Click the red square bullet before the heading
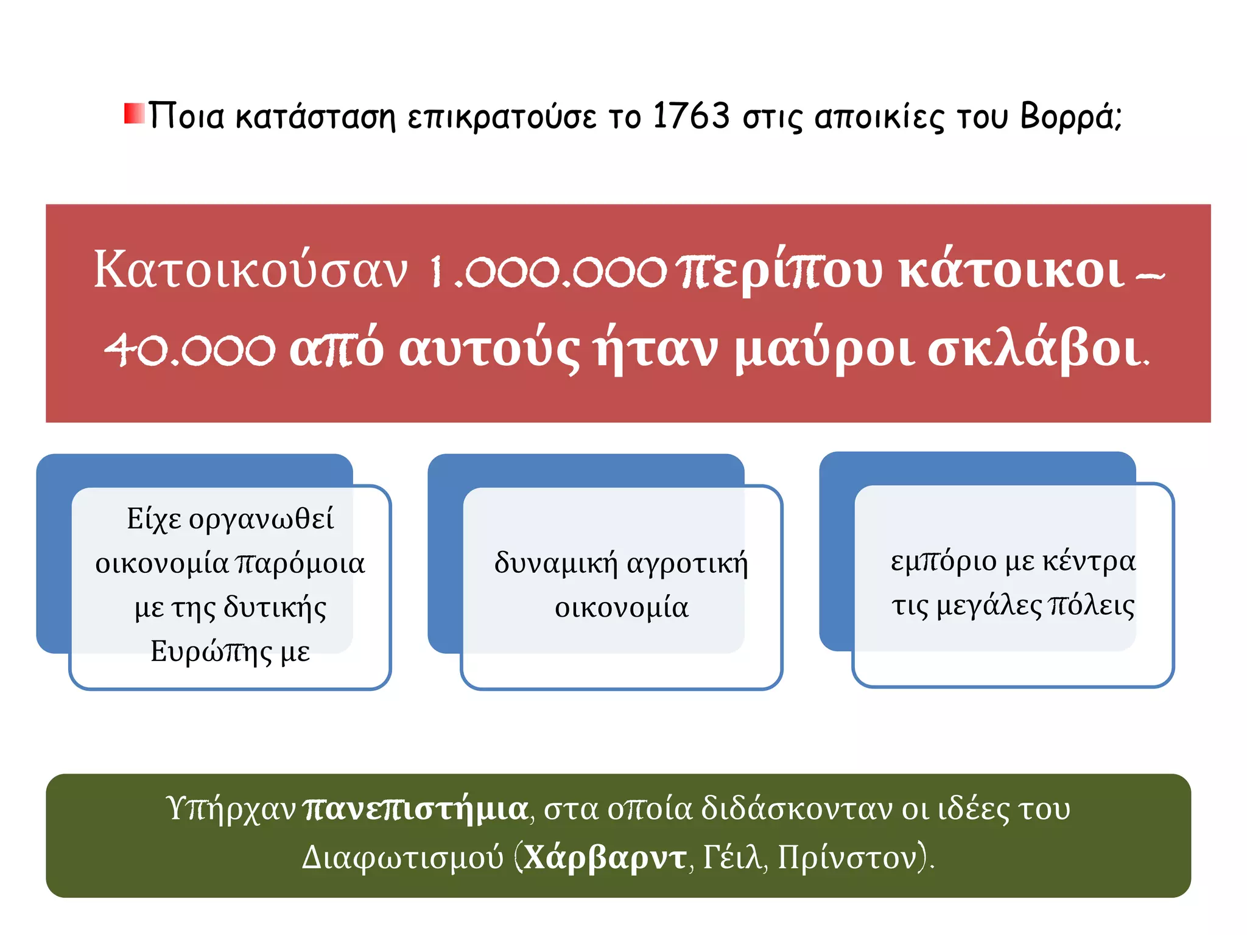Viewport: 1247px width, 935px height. pyautogui.click(x=134, y=114)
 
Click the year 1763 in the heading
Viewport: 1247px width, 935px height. pyautogui.click(x=690, y=116)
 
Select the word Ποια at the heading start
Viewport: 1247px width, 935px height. pyautogui.click(x=186, y=116)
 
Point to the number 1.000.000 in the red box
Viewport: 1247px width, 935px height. pyautogui.click(x=548, y=271)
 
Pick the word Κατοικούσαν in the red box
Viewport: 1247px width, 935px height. pyautogui.click(x=250, y=270)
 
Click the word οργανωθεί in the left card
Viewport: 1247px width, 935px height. pyautogui.click(x=261, y=520)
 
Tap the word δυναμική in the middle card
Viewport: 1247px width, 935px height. pyautogui.click(x=555, y=563)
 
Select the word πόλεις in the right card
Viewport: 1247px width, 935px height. pyautogui.click(x=1092, y=606)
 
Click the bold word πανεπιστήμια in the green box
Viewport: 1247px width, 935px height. pyautogui.click(x=415, y=810)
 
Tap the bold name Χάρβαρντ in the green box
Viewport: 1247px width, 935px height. pyautogui.click(x=605, y=858)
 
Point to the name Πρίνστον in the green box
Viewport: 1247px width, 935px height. pyautogui.click(x=847, y=858)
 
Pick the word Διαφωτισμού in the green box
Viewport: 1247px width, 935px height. pyautogui.click(x=402, y=858)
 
